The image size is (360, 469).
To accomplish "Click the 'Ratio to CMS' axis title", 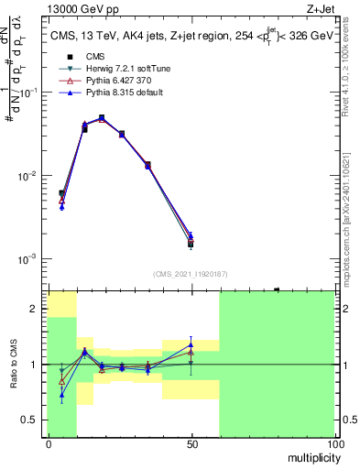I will coord(14,364).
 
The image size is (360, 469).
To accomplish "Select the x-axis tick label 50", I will coord(191,444).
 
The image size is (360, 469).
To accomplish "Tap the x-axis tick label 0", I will coord(49,444).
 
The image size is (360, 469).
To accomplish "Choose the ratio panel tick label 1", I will coord(34,365).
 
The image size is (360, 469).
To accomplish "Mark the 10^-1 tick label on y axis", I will coord(29,93).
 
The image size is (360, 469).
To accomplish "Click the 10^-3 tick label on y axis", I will coord(29,259).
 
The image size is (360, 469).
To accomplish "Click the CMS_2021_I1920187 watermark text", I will coord(191,274).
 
